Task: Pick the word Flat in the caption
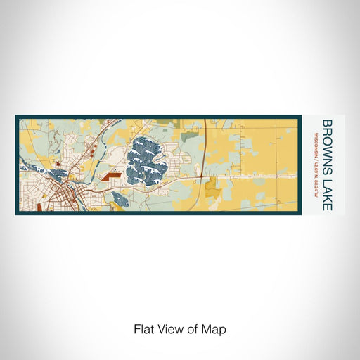coord(143,329)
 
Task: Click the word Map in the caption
coord(215,329)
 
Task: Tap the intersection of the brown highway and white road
coord(203,176)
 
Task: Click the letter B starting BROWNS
coord(327,124)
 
